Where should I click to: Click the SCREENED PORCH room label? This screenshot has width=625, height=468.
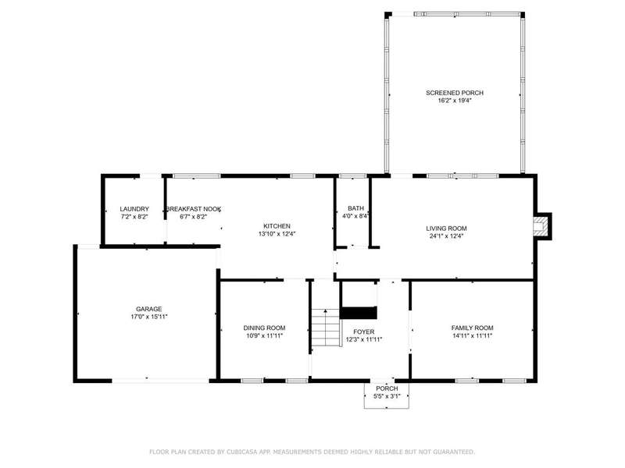[455, 93]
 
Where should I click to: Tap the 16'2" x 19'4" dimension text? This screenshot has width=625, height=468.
[455, 101]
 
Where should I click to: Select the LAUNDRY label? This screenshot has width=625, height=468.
[134, 209]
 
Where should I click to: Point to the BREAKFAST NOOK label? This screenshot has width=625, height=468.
[193, 209]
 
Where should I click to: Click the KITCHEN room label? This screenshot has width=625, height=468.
[277, 226]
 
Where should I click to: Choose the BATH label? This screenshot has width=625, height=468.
[355, 208]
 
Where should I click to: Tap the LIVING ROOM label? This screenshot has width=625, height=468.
[446, 229]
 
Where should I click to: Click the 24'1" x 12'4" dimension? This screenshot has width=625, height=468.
[446, 236]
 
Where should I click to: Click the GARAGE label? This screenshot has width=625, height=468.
[148, 309]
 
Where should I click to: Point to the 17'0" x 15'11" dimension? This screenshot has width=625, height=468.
[148, 317]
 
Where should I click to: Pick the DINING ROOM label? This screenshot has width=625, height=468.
[264, 328]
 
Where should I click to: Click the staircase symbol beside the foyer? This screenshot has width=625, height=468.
[326, 328]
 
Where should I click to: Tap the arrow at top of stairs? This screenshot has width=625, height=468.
[326, 310]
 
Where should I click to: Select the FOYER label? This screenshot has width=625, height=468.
[363, 332]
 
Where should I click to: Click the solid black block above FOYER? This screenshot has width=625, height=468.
[359, 313]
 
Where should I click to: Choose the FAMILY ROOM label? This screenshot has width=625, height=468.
[472, 328]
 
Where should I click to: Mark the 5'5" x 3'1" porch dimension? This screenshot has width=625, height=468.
[387, 396]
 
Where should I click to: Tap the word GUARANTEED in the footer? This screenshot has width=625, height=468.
[454, 452]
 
